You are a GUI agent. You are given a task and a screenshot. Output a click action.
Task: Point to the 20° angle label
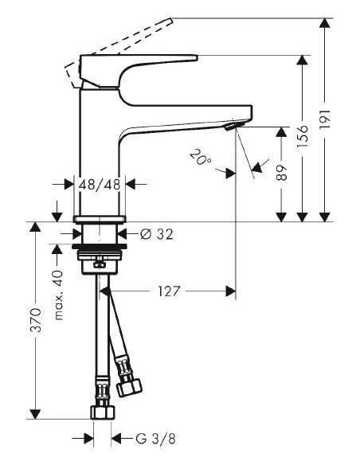[202, 156]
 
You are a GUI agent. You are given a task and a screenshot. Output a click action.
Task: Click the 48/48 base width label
[100, 184]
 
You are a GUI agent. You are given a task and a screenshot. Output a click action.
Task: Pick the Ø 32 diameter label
[156, 234]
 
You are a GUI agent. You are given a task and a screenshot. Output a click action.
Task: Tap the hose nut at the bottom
[101, 412]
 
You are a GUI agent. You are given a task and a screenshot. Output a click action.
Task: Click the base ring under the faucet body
[100, 219]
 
